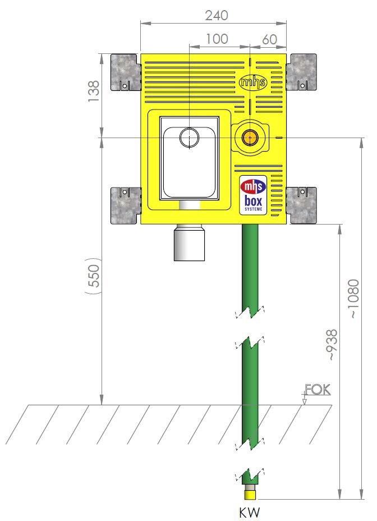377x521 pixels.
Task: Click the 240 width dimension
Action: (217, 15)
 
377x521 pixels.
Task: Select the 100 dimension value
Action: (217, 39)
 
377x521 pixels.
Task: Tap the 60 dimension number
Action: (269, 39)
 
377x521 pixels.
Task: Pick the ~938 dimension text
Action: (332, 345)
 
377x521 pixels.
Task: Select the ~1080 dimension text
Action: (354, 299)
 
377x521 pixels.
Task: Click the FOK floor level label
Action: (318, 390)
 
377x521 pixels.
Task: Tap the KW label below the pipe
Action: (250, 512)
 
